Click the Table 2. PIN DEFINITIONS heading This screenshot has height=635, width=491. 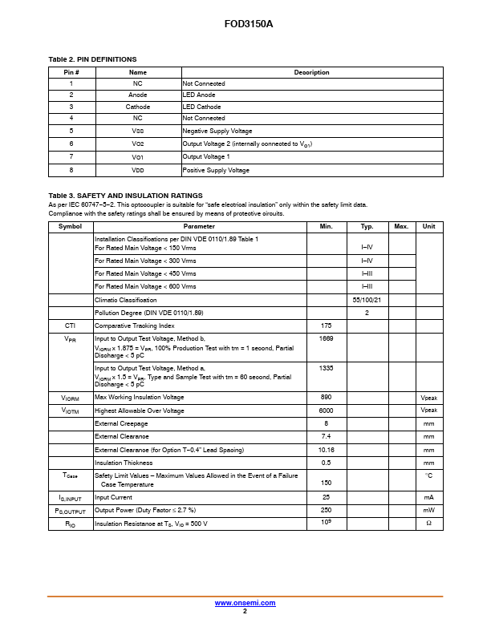coord(92,59)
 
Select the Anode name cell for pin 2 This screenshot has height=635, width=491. coord(138,95)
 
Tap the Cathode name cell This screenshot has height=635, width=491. coord(138,107)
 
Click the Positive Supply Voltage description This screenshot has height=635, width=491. coord(216,170)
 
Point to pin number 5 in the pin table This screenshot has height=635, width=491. coord(71,131)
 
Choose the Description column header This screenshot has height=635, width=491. coord(311,72)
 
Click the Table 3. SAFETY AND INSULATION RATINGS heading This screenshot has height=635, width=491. coord(125,196)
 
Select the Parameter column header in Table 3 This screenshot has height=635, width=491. coord(199,227)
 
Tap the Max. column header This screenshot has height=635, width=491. coord(402,227)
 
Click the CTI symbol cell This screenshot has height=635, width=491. coord(71,326)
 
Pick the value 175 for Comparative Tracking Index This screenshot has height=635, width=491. coord(326,326)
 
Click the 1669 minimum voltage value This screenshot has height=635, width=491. coord(326,339)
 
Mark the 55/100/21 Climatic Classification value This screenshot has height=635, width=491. coord(367,299)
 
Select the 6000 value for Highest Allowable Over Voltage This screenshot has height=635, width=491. coord(326,411)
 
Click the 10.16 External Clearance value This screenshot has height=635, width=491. coord(326,450)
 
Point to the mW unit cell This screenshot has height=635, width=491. coord(428,510)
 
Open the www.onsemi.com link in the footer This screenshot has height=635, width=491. coord(245,603)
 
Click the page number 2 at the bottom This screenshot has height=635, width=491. coord(245,611)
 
